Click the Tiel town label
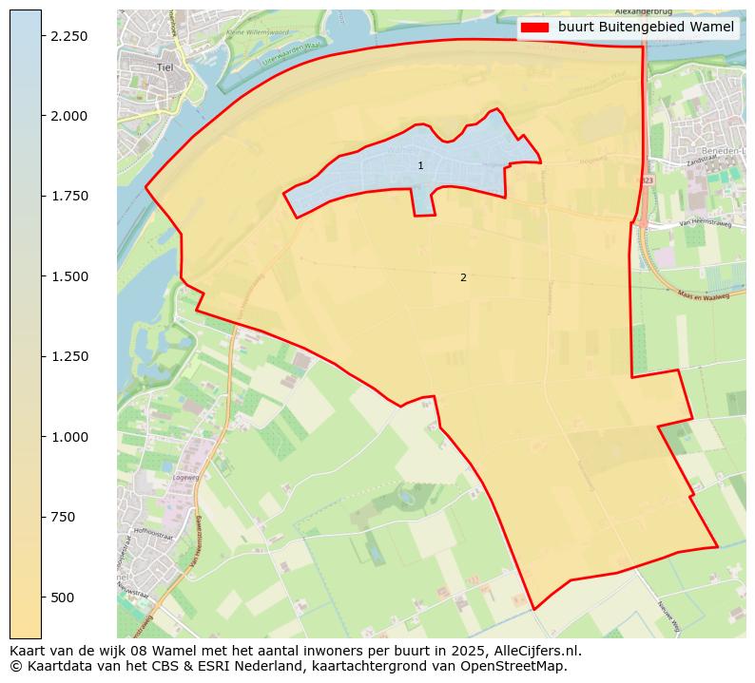click(165, 67)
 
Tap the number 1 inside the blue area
click(420, 166)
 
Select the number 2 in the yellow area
click(463, 278)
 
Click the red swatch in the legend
click(535, 28)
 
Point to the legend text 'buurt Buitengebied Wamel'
click(646, 28)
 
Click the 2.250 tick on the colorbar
click(68, 36)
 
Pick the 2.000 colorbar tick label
click(68, 116)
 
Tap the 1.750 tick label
click(68, 197)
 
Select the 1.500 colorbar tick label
click(68, 276)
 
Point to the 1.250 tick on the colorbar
click(68, 357)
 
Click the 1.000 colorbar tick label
click(68, 437)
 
